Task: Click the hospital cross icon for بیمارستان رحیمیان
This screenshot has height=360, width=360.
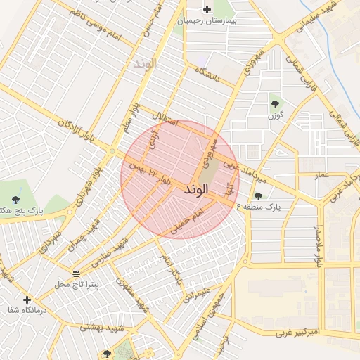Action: click(207, 9)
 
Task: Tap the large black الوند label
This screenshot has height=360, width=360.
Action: click(197, 190)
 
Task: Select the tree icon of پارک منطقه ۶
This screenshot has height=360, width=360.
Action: click(259, 196)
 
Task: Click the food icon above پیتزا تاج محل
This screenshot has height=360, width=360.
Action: click(77, 273)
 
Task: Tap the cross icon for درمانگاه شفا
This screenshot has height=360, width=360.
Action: click(27, 300)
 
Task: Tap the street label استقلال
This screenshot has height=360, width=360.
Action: click(175, 117)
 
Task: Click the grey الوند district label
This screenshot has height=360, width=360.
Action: click(144, 63)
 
